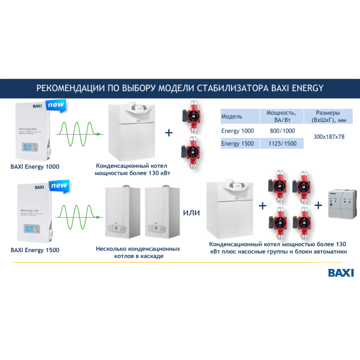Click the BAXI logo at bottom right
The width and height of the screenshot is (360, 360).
click(341, 273)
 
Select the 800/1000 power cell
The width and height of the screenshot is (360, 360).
click(282, 131)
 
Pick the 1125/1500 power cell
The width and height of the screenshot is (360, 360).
click(282, 144)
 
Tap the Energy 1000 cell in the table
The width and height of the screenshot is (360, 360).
click(238, 131)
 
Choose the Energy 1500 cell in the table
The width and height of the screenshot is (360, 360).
click(238, 144)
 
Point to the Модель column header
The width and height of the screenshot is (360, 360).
click(232, 116)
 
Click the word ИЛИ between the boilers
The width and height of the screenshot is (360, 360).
click(192, 212)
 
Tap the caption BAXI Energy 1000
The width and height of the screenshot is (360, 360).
click(35, 167)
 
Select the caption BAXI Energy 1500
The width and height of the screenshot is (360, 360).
click(35, 250)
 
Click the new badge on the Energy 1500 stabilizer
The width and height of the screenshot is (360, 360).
click(58, 186)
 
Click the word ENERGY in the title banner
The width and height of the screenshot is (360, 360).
click(306, 88)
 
